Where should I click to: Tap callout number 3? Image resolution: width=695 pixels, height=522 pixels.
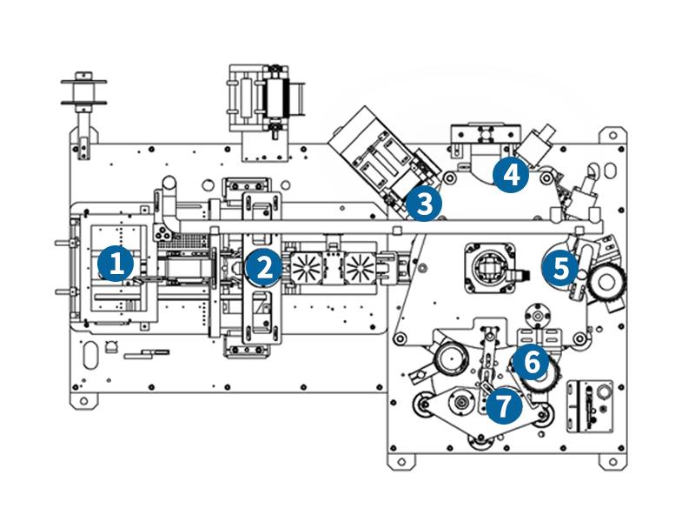coord(425,204)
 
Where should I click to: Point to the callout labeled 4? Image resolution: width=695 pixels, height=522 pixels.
coord(510,175)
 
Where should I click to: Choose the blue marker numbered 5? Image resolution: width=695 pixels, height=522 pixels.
coord(560,267)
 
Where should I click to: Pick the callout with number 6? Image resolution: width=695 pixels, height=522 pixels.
coord(531,359)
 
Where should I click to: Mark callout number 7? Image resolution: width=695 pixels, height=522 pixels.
coord(504,405)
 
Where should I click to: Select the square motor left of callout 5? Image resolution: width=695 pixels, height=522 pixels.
coord(491,264)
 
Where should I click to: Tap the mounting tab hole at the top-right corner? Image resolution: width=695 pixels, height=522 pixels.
coord(615,135)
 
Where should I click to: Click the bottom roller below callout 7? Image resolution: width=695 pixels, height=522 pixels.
coord(479,445)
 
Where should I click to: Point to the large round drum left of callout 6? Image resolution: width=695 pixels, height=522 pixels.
coord(450,358)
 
